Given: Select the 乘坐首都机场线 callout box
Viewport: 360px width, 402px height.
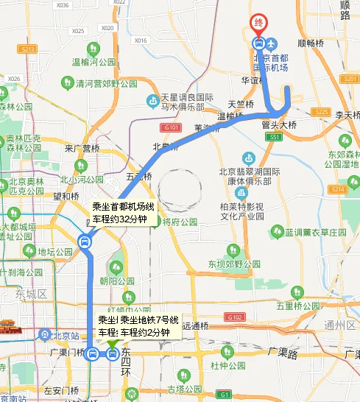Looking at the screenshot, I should pos(121,213).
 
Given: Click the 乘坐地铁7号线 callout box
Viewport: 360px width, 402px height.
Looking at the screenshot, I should pos(138,325).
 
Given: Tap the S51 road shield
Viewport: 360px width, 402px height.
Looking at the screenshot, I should pos(274,137).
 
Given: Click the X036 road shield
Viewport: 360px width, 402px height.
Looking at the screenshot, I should pos(63,4).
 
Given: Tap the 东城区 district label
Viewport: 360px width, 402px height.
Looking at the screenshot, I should pos(31,295).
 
